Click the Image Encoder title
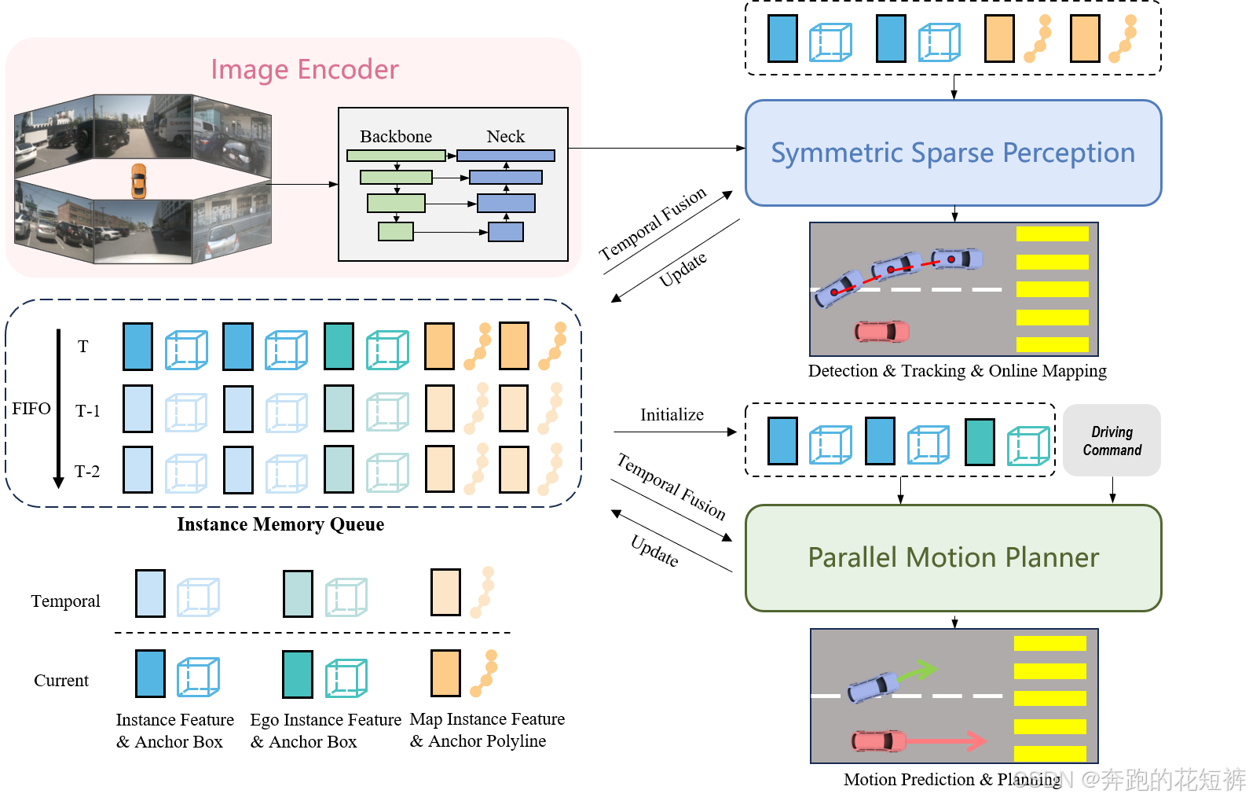point(305,70)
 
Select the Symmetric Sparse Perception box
point(954,152)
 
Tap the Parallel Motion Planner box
point(954,558)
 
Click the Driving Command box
point(1112,441)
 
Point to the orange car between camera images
point(139,182)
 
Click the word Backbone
point(396,137)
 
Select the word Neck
point(506,137)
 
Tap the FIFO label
point(31,408)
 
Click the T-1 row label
point(87,411)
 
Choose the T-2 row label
point(87,472)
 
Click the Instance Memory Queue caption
point(280,524)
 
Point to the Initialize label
point(672,414)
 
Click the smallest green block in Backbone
point(396,231)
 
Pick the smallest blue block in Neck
point(506,231)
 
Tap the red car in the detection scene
point(882,332)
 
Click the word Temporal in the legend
point(66,601)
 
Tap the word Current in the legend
point(61,681)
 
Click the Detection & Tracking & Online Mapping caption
point(958,371)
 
